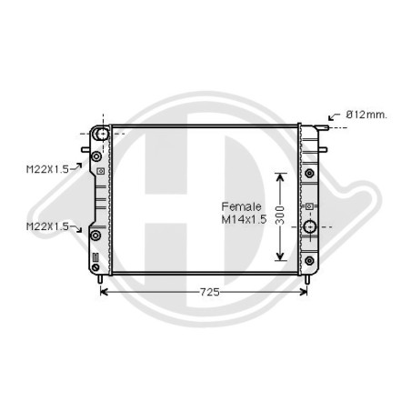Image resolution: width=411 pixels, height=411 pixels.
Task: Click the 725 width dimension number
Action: click(209, 292)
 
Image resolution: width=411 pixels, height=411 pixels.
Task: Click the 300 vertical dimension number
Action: click(280, 216)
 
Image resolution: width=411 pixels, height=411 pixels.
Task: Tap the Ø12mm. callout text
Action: click(366, 115)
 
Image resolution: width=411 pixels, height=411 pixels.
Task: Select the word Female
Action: click(241, 206)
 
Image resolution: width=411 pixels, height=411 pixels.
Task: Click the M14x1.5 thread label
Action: click(244, 219)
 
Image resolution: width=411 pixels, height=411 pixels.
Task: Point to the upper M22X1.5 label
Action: click(47, 169)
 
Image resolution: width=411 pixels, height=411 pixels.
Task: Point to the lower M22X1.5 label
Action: click(47, 226)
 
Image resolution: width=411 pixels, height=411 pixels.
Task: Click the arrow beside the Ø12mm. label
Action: click(334, 116)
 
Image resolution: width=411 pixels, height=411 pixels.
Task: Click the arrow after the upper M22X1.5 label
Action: click(76, 166)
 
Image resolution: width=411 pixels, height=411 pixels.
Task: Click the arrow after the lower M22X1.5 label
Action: click(76, 229)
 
